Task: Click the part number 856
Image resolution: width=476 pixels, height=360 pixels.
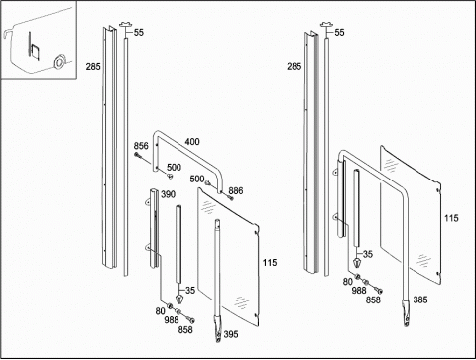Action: coord(141,146)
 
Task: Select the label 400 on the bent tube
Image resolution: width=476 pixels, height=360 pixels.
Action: coord(192,142)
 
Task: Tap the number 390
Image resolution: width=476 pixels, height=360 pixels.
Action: coord(168,194)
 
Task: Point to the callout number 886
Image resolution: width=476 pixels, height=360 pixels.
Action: coord(236,190)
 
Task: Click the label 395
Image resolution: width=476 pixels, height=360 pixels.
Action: coord(231,334)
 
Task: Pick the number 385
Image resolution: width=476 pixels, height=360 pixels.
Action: coord(420,300)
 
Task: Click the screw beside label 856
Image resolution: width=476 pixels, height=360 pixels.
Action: coord(138,155)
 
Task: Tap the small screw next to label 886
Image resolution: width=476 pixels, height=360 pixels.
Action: coord(231,198)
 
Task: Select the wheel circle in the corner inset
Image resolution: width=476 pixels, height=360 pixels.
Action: coord(59,62)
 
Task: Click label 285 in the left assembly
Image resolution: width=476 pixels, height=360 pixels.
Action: coord(93,67)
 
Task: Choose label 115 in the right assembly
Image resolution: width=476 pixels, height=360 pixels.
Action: coord(451,218)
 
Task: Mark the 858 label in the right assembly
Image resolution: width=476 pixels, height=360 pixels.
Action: coord(373,300)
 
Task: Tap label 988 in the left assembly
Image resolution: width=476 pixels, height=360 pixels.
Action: coord(172,320)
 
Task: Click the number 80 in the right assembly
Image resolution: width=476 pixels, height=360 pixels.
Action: coord(347,282)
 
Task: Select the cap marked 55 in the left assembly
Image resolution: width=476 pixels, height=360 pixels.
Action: coord(126,25)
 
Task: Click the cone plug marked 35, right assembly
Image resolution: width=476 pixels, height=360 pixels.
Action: coord(357,263)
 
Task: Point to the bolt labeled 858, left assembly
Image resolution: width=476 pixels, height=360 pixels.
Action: coord(190,319)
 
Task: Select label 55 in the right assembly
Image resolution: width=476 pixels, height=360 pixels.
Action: coord(339,33)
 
